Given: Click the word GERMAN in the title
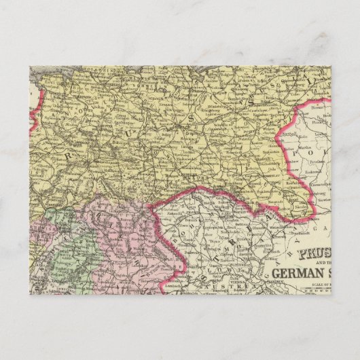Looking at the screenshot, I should point(300,273).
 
